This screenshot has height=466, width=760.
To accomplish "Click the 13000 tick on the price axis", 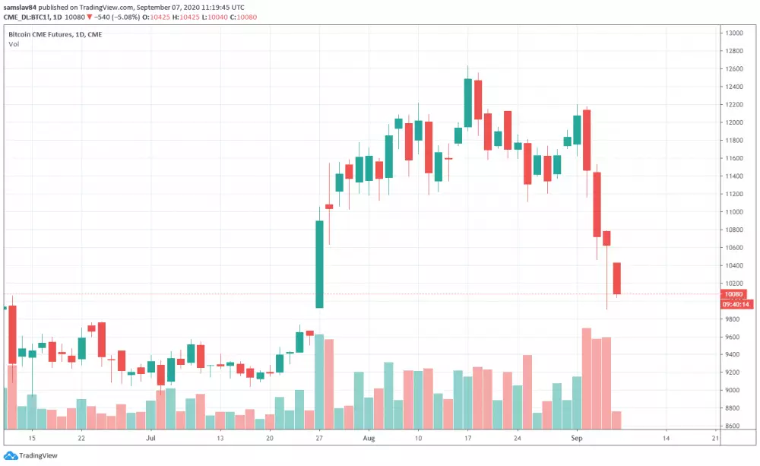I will coord(733,33).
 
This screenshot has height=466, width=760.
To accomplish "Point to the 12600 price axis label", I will coord(733,69).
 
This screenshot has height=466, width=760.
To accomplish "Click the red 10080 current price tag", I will coord(735,294).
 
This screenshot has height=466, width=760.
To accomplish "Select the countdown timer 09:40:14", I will coord(736,304).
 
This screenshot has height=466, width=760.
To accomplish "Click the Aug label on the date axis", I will coord(369,439).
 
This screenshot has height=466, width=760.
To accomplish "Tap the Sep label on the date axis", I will coord(576,439).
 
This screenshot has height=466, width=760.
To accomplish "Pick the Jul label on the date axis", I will coord(150,439).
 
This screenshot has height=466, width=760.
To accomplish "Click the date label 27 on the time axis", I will coord(320,439).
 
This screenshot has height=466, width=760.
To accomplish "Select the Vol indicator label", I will coord(14,44).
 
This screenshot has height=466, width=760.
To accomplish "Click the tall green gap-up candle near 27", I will coord(320,264).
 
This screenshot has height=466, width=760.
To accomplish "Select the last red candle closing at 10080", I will coord(617,278).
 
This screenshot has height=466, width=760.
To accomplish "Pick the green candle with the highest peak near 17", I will coord(468,102).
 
